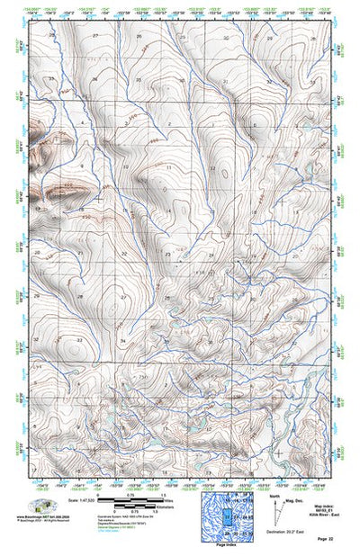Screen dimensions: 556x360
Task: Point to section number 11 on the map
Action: [x=168, y=167]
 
